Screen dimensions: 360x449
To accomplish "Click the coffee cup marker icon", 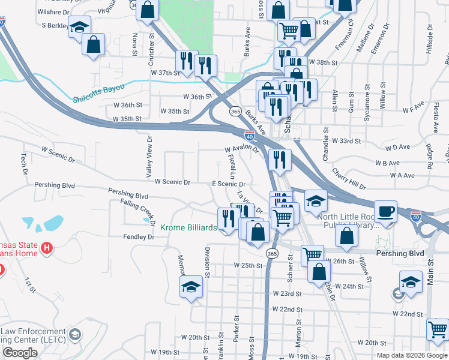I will tap(385, 212).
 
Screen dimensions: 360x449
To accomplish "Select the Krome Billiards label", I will tap(188, 228).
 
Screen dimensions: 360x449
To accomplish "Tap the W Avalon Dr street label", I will tap(241, 149).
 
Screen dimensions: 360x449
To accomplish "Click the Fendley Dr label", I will tap(139, 237).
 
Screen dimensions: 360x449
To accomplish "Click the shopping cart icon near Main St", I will tap(438, 330).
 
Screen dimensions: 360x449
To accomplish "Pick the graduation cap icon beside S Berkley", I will tap(79, 28).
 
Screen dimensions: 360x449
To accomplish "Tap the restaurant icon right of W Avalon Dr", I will tap(279, 159).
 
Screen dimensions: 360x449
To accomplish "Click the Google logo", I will tap(20, 353).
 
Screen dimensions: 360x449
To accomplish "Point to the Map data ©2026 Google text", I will tap(412, 355).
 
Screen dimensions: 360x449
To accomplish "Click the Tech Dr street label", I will tap(25, 160).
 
